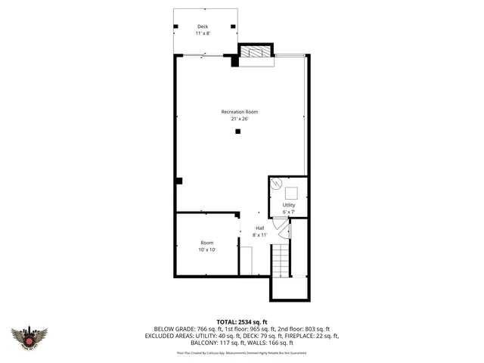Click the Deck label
[203, 26]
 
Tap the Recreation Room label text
[234, 112]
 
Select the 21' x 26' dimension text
[234, 119]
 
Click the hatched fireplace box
[254, 51]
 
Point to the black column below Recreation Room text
[237, 132]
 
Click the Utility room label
[289, 205]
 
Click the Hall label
[259, 228]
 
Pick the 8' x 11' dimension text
[259, 234]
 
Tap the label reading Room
[206, 243]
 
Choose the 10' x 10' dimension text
[206, 250]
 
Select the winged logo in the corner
[29, 337]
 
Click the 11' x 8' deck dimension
[203, 34]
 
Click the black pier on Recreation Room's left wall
[178, 180]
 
